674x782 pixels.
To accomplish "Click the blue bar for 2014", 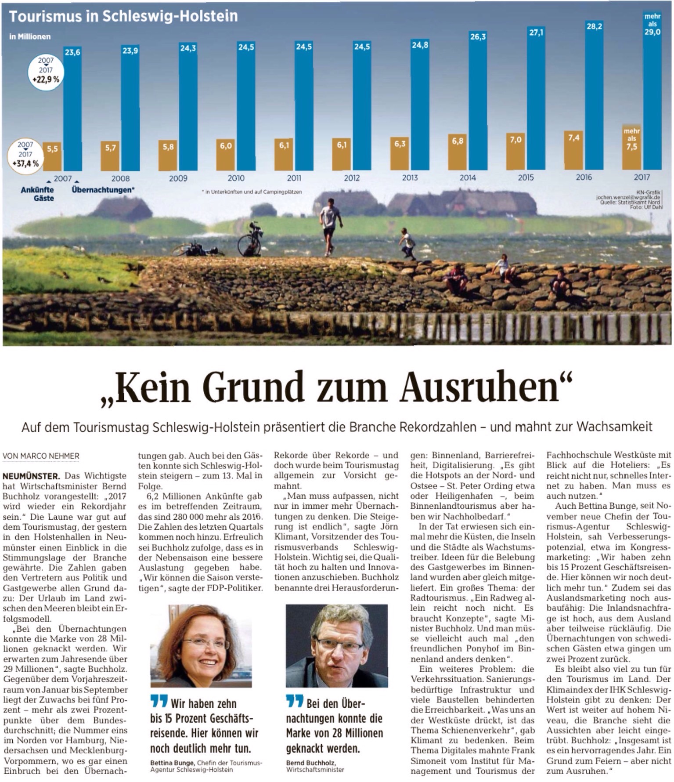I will pyautogui.click(x=478, y=101).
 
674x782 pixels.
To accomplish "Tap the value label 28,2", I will pyautogui.click(x=594, y=26).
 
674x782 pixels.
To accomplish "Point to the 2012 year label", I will pyautogui.click(x=352, y=178).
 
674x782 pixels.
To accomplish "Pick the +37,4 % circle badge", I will pyautogui.click(x=25, y=155).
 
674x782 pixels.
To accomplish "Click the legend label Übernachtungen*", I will pyautogui.click(x=103, y=190).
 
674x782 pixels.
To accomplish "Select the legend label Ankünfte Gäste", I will pyautogui.click(x=38, y=194).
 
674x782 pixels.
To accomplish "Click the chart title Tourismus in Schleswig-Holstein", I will pyautogui.click(x=123, y=16).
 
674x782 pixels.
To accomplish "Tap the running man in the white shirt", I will pyautogui.click(x=330, y=224).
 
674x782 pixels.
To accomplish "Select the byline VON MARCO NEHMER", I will pyautogui.click(x=41, y=456).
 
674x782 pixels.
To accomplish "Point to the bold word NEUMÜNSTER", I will pyautogui.click(x=31, y=476).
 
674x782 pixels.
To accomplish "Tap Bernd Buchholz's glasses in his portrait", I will pyautogui.click(x=339, y=645).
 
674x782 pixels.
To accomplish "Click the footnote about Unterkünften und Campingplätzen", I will pyautogui.click(x=252, y=192).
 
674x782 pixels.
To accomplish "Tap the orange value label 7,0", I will pyautogui.click(x=515, y=139).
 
